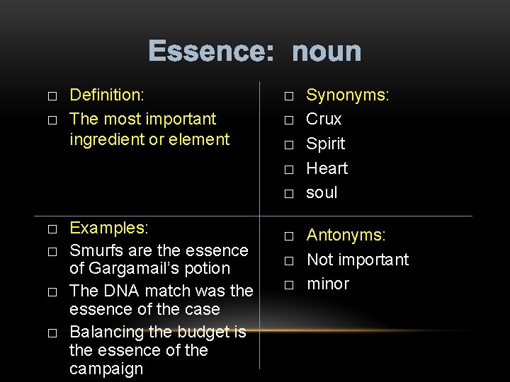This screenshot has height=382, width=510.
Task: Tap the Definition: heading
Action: [107, 95]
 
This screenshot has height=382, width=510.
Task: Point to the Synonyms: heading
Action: [348, 95]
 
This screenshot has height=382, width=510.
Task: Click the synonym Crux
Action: [324, 119]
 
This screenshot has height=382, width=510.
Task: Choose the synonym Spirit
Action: [326, 144]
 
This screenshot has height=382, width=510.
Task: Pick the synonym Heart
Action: [327, 168]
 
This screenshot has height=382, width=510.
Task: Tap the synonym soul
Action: [322, 192]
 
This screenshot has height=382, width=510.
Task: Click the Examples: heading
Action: [109, 228]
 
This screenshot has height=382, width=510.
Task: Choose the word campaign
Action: [106, 369]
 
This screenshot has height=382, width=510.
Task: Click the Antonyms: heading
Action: [346, 235]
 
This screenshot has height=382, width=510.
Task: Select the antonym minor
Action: [328, 284]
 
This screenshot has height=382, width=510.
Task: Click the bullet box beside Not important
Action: [288, 261]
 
